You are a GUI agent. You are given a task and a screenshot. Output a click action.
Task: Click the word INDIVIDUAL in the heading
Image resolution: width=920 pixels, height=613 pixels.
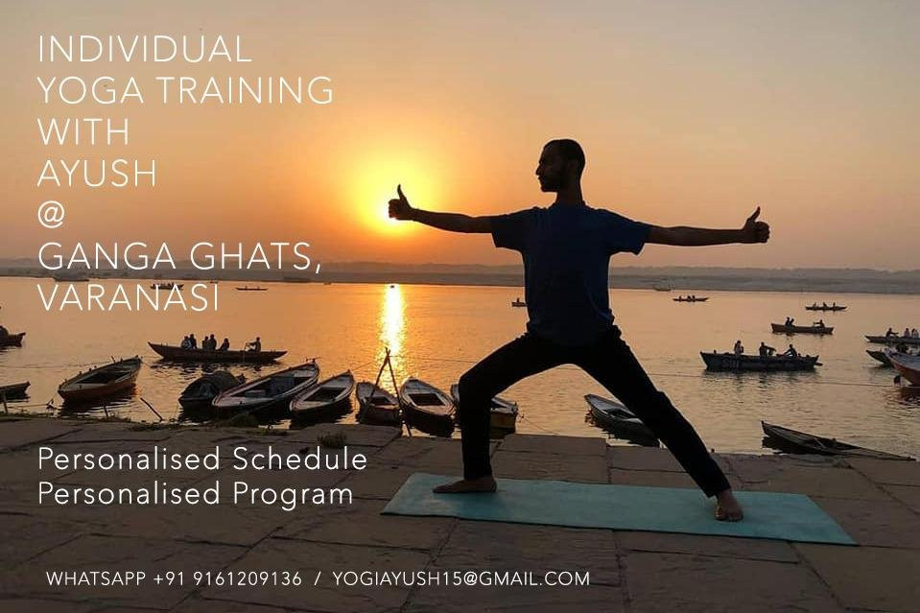[x=145, y=49]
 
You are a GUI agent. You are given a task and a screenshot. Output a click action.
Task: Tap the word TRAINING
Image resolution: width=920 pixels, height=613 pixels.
[x=245, y=90]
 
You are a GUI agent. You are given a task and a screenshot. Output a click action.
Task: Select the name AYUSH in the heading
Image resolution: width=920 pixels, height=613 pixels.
[x=98, y=173]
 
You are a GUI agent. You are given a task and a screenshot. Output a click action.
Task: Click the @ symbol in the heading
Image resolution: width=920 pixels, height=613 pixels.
[x=51, y=215]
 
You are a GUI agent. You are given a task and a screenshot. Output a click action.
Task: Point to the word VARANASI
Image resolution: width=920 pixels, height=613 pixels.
[x=129, y=297]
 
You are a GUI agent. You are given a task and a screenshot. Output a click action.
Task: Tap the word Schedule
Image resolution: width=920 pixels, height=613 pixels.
[x=300, y=459]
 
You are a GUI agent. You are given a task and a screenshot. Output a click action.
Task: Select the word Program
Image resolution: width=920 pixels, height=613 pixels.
[x=294, y=494]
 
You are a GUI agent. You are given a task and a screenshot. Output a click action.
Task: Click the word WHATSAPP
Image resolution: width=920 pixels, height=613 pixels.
[x=96, y=579]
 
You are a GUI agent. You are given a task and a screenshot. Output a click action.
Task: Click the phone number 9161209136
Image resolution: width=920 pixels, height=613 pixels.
[x=247, y=579]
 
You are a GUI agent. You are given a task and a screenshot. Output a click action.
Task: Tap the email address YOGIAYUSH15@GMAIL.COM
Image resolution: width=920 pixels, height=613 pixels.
[x=461, y=579]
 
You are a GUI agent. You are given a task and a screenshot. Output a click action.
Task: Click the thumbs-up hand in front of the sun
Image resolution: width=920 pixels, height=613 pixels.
[x=402, y=204]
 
